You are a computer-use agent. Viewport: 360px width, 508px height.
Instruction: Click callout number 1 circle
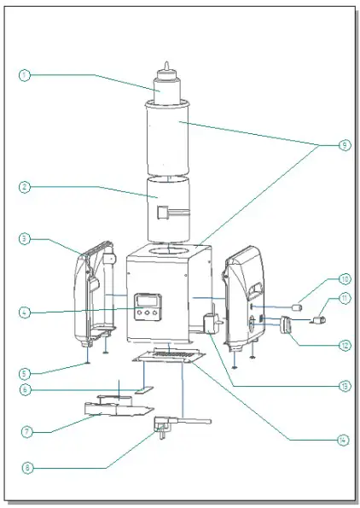coord(25,75)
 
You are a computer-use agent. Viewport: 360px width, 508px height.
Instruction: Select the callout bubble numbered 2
coord(25,185)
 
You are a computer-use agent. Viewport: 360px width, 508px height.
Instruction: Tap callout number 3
coord(25,240)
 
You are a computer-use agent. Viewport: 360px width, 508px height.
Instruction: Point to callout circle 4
coord(25,312)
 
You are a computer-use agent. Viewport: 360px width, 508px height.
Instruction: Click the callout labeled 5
coord(25,372)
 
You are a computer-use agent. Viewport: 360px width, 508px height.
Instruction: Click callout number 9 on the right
coord(343,146)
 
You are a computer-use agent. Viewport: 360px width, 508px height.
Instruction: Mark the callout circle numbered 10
coord(343,278)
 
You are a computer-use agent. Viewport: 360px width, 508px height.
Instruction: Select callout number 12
coord(343,346)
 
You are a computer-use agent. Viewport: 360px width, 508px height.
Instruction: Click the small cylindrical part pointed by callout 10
coord(299,307)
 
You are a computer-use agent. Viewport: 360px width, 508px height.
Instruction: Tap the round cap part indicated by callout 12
coord(287,324)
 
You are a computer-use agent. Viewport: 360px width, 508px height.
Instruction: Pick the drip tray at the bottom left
coord(113,410)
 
